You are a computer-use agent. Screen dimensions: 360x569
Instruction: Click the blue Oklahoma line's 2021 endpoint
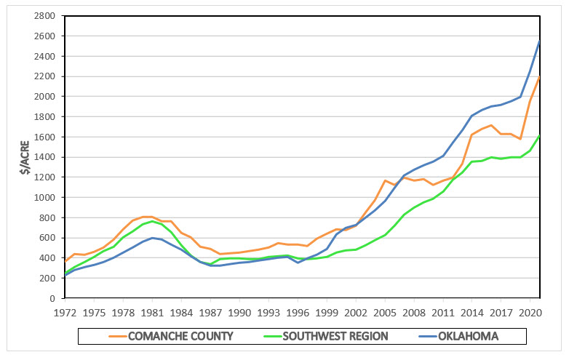540,40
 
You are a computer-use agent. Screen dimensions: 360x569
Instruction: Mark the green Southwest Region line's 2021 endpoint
540,136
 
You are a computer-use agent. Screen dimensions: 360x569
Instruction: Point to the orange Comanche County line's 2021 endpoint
540,76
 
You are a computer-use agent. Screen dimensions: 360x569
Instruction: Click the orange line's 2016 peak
492,125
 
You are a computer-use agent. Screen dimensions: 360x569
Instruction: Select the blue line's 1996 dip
298,262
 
